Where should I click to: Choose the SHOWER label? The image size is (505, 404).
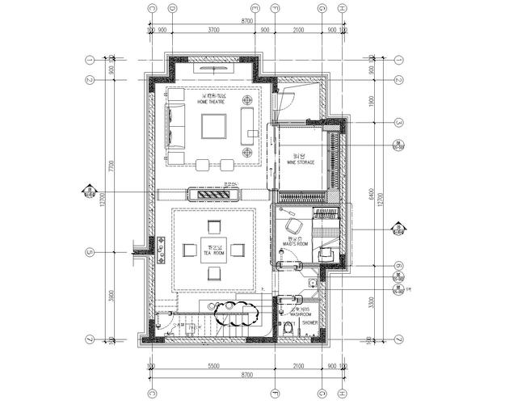pos(309,322)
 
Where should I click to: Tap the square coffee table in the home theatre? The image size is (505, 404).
pos(213,128)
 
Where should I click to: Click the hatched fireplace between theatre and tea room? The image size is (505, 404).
pos(214,194)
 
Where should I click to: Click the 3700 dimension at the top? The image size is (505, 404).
pos(213,29)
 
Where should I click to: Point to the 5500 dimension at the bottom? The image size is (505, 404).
pos(213,367)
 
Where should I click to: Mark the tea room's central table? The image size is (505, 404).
pos(215,250)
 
